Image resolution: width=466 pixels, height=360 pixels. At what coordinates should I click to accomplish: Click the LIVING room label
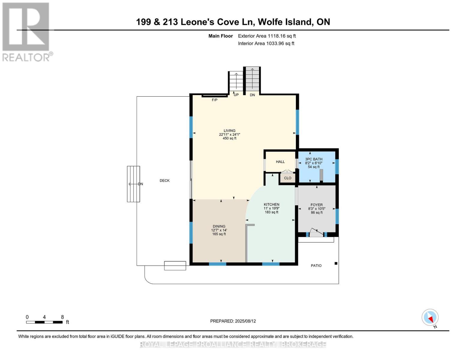click(x=229, y=131)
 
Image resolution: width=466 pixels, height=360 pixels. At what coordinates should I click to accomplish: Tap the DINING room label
click(x=219, y=226)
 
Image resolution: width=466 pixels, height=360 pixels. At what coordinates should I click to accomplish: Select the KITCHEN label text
click(x=271, y=205)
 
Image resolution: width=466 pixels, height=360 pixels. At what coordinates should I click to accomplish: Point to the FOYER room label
click(x=317, y=205)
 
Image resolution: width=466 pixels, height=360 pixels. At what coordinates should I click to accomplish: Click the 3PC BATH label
click(x=314, y=159)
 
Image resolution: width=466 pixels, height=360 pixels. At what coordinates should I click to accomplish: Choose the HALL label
click(x=280, y=162)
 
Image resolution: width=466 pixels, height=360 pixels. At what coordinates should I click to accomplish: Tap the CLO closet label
click(x=287, y=178)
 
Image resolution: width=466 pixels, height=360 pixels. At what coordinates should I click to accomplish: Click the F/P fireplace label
click(x=215, y=100)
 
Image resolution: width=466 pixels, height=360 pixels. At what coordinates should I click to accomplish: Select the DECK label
click(x=164, y=181)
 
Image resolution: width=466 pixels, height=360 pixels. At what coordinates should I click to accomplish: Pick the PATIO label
click(x=316, y=265)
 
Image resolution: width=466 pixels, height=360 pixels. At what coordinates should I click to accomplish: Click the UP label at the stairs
click(x=236, y=95)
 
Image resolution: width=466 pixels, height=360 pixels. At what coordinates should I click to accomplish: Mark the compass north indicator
click(x=430, y=318)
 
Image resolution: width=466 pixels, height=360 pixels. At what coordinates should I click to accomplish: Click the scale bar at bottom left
click(x=44, y=322)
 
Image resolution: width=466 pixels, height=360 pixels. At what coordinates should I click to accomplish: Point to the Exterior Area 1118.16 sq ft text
click(x=267, y=36)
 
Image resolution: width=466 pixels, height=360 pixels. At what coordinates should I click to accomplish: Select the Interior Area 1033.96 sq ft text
click(x=266, y=43)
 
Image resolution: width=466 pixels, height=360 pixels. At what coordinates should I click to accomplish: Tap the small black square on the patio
click(x=336, y=263)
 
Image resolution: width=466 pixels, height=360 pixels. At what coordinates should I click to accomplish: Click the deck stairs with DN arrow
click(x=133, y=184)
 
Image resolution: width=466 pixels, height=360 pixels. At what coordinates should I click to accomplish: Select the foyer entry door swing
click(x=316, y=232)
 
